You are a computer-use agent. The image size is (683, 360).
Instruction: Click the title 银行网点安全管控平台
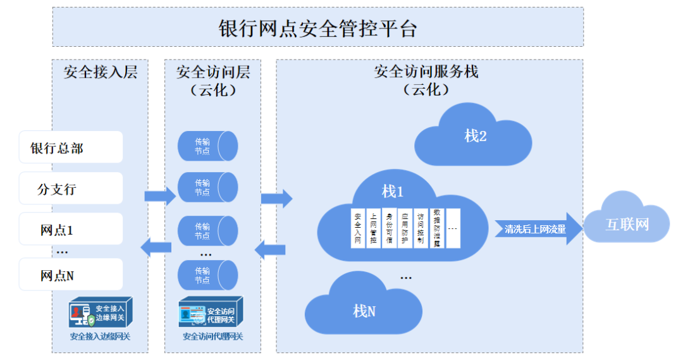317,28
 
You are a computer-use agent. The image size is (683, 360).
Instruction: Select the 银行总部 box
71,147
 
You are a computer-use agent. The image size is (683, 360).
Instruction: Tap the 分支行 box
71,189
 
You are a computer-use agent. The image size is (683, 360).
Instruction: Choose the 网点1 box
71,230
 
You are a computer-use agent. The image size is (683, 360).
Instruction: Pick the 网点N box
71,275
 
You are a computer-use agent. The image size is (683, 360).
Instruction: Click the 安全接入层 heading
100,72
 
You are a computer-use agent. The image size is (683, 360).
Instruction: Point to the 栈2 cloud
473,136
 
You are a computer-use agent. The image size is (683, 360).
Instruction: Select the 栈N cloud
364,310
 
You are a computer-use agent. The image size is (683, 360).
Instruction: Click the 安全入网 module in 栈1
358,227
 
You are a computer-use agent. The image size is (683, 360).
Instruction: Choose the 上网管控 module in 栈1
374,227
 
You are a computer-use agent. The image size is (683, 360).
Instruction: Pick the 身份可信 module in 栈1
390,227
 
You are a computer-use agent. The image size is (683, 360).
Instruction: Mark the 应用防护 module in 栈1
405,227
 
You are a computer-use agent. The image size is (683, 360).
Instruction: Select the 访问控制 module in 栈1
421,227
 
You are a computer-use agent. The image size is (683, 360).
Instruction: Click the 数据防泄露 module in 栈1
437,227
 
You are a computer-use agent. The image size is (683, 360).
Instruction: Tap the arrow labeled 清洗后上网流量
538,228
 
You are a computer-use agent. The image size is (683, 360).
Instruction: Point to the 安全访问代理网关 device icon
211,312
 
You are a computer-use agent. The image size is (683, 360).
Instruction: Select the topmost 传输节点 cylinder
207,146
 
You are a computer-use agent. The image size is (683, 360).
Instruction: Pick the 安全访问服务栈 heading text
426,71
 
